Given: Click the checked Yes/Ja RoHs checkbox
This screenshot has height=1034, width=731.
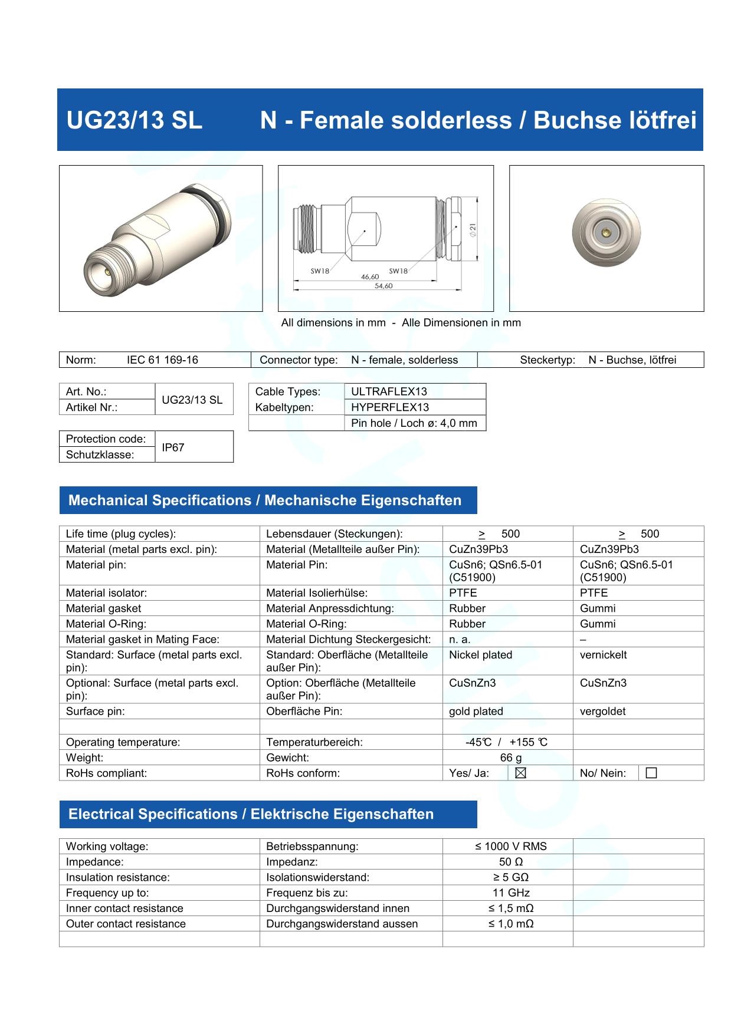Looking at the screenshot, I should [x=520, y=773].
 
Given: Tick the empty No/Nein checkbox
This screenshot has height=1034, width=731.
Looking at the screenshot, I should [x=651, y=773].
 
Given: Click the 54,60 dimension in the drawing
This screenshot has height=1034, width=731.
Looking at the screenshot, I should [x=383, y=286].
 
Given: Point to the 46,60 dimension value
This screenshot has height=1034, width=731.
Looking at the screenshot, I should [x=370, y=276].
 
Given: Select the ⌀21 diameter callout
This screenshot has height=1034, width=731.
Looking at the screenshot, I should [x=472, y=230].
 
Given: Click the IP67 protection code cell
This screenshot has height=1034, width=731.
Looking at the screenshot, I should [x=173, y=447].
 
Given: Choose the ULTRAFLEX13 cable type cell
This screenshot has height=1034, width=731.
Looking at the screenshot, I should [x=389, y=391].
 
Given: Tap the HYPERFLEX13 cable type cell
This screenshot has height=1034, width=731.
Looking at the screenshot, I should [x=390, y=407].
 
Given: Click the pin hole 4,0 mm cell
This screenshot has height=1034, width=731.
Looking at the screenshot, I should [x=414, y=423].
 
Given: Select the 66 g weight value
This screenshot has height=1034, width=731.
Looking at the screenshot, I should [x=511, y=758].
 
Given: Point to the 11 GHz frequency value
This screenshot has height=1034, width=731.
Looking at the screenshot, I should [x=511, y=893].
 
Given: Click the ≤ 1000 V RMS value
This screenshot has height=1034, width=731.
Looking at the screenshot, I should [x=511, y=847].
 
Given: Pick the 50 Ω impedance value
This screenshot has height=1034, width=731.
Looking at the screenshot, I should [x=511, y=862].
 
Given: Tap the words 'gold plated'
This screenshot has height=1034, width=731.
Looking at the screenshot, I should [x=476, y=712].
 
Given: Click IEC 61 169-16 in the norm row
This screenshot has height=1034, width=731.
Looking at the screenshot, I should [x=162, y=360].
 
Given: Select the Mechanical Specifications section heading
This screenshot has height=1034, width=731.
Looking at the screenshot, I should [x=265, y=500].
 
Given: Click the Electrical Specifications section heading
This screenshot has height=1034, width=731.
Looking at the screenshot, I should [x=251, y=814].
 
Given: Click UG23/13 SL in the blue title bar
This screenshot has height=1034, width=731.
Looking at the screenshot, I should [x=135, y=120].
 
